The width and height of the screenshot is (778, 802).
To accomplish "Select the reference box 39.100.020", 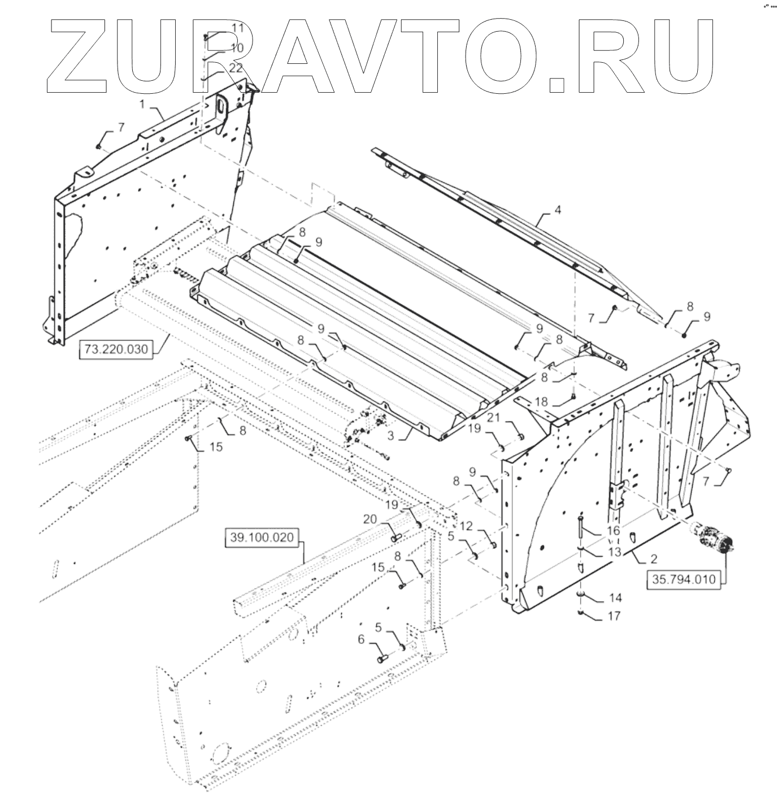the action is point(262,537).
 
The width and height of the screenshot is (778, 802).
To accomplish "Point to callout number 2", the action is point(653,559).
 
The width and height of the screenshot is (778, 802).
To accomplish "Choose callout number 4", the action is point(558,210).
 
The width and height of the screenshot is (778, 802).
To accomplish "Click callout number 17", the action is point(614,616).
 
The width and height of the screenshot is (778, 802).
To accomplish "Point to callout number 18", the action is point(541,402).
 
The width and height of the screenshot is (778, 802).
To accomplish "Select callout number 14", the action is point(614,597).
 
